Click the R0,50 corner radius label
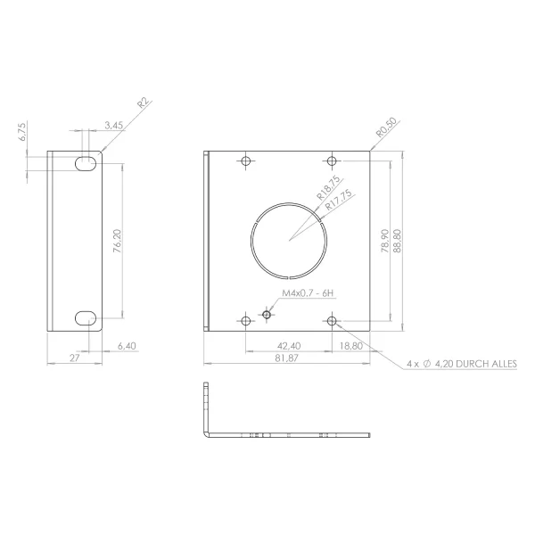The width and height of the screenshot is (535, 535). click(386, 128)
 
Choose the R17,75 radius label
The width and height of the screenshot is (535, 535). click(338, 200)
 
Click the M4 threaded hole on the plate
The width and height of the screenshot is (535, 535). click(267, 314)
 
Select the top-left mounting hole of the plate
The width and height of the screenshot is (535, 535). click(246, 161)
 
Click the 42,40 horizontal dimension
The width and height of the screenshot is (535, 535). click(288, 345)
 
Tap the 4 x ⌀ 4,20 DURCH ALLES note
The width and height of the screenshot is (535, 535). click(461, 364)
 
